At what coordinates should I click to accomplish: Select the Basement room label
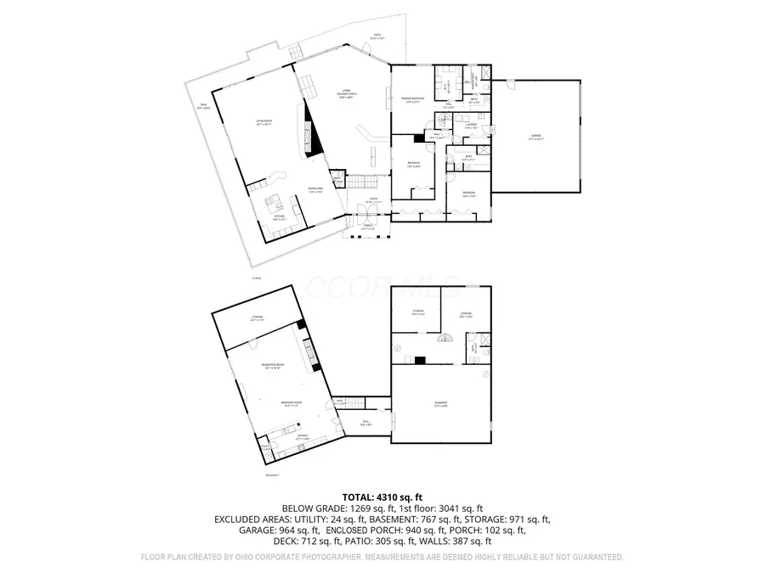tap(440, 404)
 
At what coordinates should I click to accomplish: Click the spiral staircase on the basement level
tap(445, 340)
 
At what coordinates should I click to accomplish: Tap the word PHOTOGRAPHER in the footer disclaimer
tap(330, 558)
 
